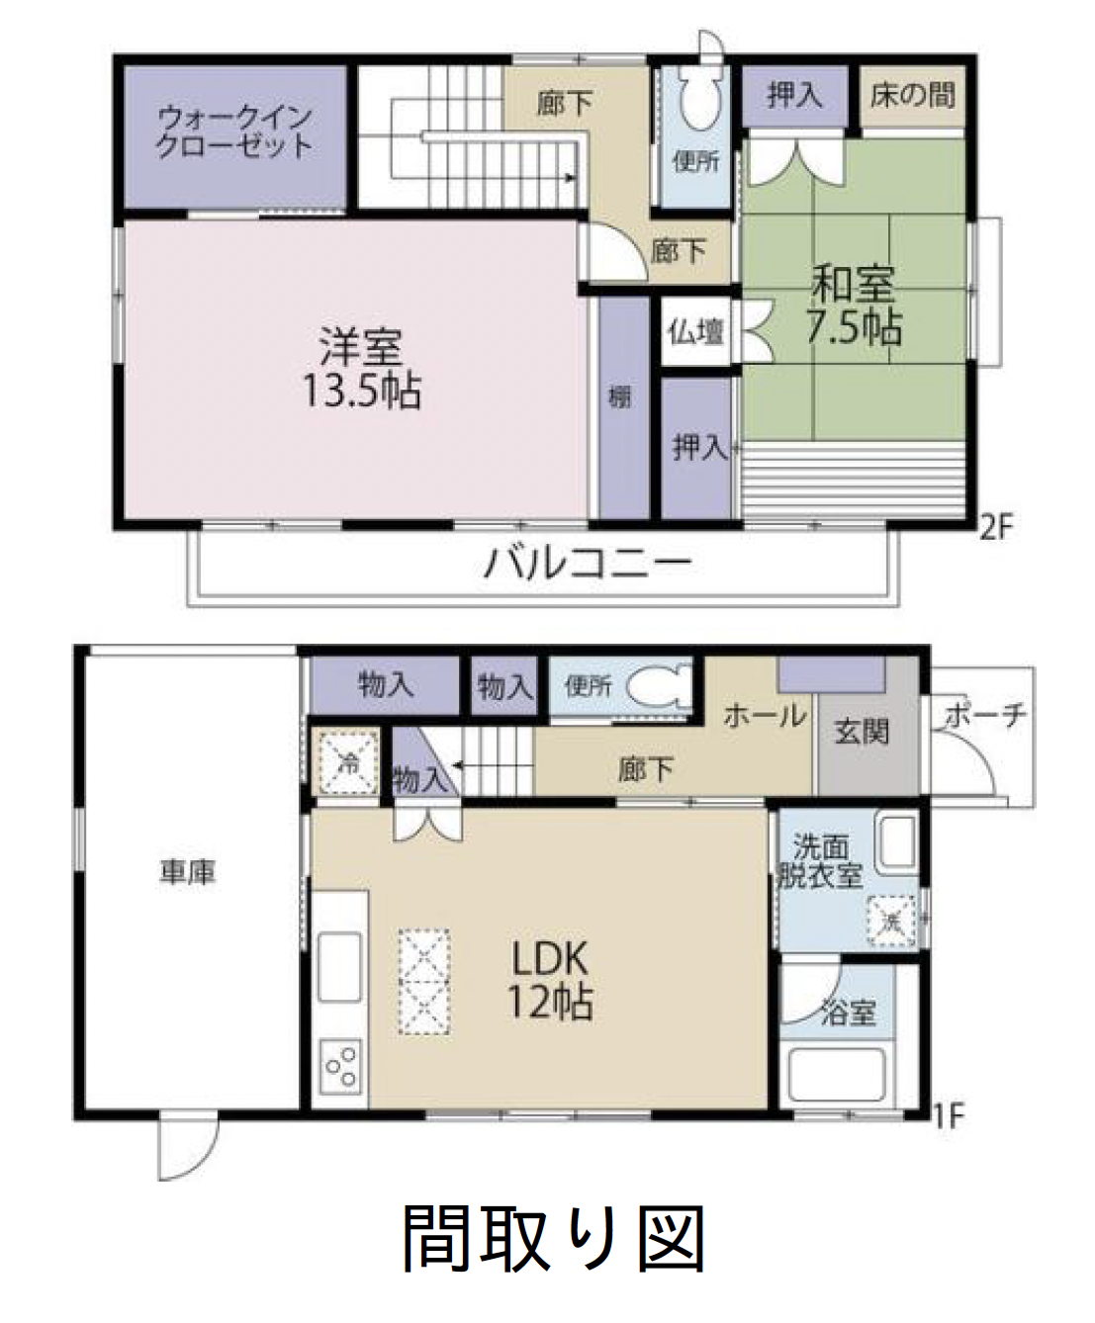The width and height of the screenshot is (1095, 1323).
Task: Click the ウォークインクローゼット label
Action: [x=234, y=132]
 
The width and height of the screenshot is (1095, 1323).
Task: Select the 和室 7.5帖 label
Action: [x=854, y=306]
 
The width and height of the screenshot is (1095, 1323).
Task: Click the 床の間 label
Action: [x=912, y=96]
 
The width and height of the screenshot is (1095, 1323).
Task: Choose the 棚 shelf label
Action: [x=620, y=397]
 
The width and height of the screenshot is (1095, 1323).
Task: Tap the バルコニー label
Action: [x=588, y=562]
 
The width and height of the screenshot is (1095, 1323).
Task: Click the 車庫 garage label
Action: [x=188, y=872]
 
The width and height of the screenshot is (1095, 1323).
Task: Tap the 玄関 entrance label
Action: [x=861, y=732]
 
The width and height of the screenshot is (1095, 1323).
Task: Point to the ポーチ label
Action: [x=985, y=716]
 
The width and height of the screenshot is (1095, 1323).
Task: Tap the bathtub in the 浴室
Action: [x=836, y=1075]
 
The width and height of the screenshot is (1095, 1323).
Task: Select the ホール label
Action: [x=766, y=716]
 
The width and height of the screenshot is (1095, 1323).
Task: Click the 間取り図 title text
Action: [x=554, y=1243]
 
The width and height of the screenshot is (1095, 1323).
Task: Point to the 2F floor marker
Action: [x=997, y=528]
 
